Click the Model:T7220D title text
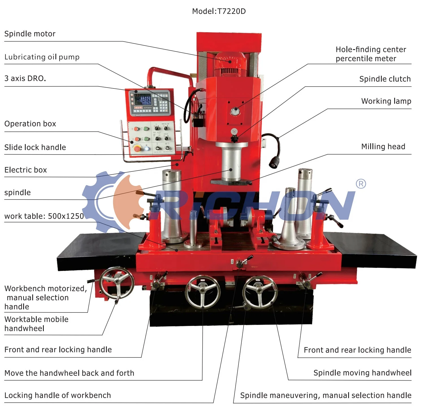pyautogui.click(x=219, y=11)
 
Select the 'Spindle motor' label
pyautogui.click(x=30, y=34)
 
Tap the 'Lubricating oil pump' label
pyautogui.click(x=42, y=57)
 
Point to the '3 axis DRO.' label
pyautogui.click(x=25, y=79)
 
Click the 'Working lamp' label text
pyautogui.click(x=386, y=101)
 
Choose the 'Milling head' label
pyautogui.click(x=383, y=147)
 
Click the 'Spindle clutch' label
pyautogui.click(x=385, y=79)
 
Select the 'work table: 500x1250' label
pyautogui.click(x=44, y=216)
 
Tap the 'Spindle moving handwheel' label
pyautogui.click(x=362, y=373)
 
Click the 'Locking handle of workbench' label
pyautogui.click(x=58, y=395)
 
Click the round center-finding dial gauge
pyautogui.click(x=234, y=111)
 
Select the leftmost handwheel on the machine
pyautogui.click(x=117, y=283)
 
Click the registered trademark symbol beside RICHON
pyautogui.click(x=361, y=184)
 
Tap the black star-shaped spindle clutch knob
pyautogui.click(x=234, y=139)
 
